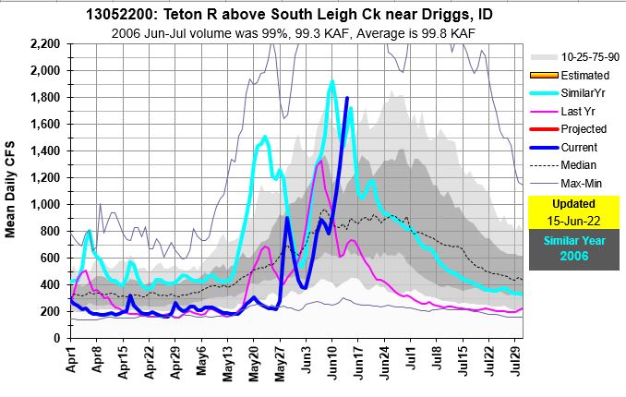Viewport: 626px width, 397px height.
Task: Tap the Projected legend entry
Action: (x=572, y=130)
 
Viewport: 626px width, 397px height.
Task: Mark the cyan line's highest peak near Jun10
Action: (x=331, y=81)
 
